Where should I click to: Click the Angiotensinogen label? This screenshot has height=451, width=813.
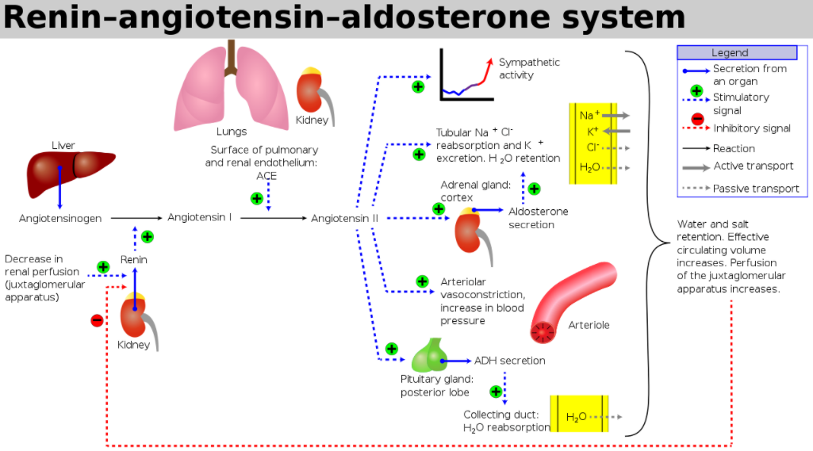[60, 219]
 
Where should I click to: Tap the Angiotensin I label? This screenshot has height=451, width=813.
[200, 217]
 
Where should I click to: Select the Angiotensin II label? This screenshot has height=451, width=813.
[345, 218]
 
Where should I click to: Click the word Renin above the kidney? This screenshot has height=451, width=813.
[134, 259]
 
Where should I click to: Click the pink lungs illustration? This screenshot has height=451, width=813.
[232, 87]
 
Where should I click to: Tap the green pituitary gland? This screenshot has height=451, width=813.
[429, 356]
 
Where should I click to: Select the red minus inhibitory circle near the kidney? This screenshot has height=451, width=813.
[97, 320]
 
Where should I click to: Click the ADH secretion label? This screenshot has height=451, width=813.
[510, 361]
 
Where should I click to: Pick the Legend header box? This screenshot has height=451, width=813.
[737, 52]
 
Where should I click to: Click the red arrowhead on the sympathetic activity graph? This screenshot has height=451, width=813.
[489, 62]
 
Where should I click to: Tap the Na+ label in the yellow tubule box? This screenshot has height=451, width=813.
[589, 115]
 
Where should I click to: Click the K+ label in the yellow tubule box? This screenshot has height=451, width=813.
[592, 131]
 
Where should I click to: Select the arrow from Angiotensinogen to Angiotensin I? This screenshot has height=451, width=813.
[136, 218]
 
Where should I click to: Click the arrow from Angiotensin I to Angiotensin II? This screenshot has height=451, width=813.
[274, 218]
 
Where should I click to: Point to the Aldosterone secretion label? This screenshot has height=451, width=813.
[538, 218]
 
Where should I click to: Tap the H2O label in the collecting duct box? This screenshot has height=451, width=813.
[576, 417]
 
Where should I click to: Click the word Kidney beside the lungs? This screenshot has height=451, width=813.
[312, 120]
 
